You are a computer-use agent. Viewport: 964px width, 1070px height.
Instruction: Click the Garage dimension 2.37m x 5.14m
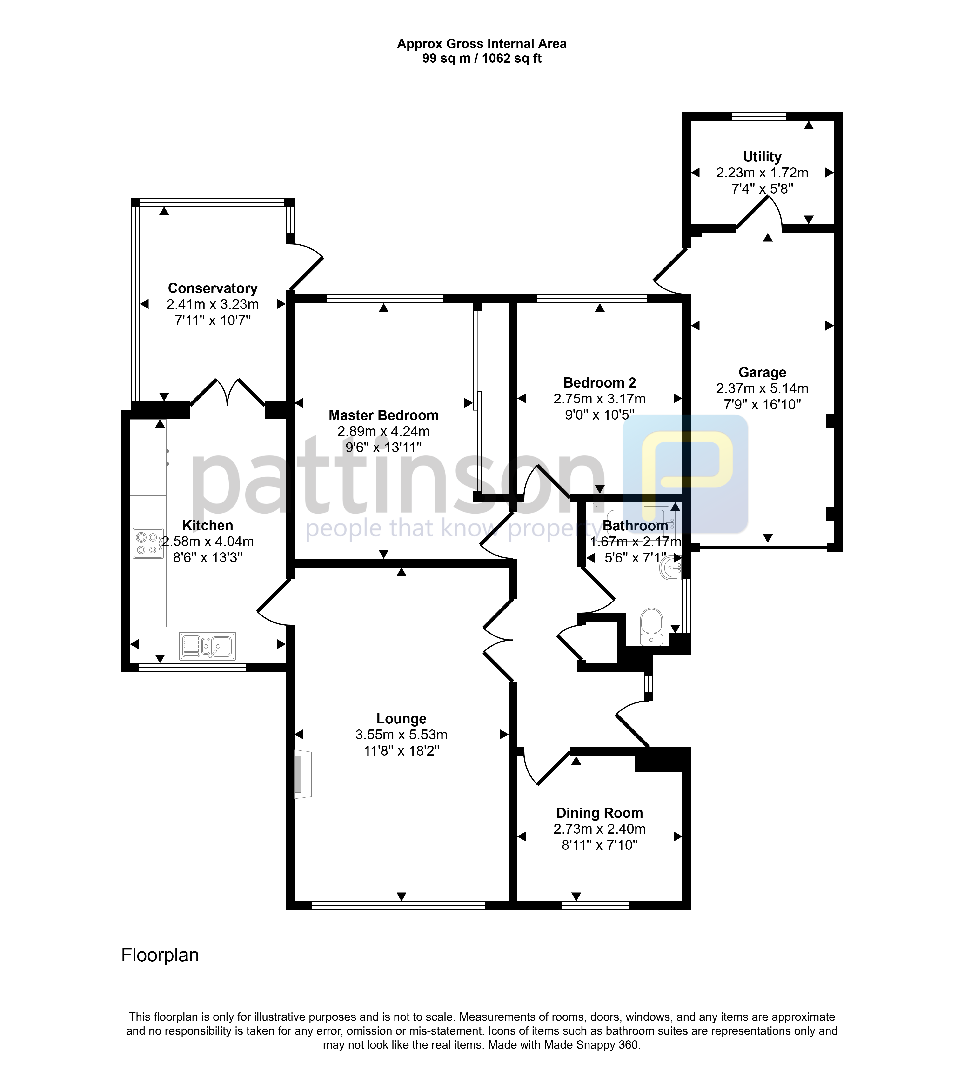point(762,388)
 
